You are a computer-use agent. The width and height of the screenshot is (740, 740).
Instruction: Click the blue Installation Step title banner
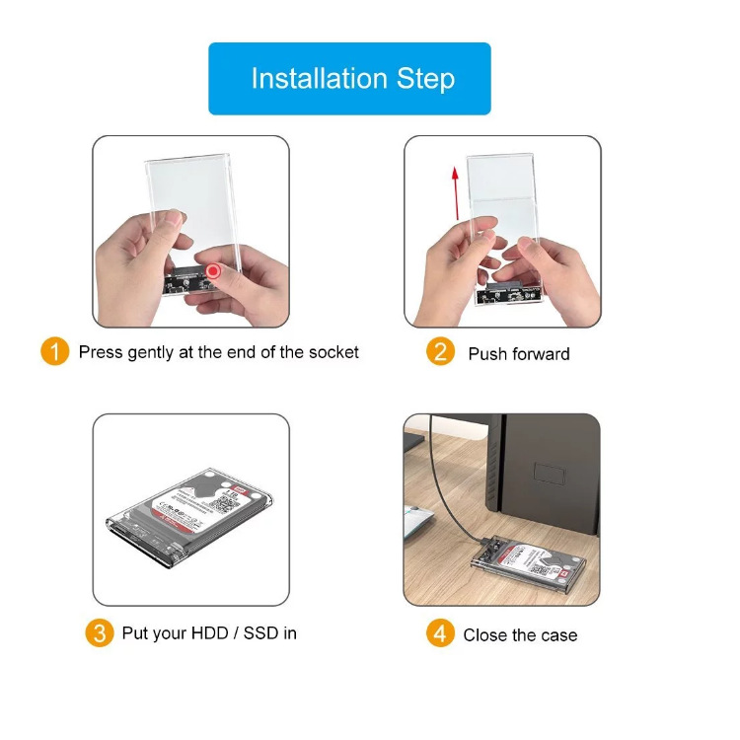[349, 79]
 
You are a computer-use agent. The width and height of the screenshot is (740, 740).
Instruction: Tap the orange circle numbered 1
[55, 351]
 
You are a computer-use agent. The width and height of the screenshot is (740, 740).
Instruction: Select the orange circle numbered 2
[440, 352]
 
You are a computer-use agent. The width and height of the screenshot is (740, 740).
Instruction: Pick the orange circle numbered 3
[99, 632]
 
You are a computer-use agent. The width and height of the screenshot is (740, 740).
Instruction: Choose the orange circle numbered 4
[440, 633]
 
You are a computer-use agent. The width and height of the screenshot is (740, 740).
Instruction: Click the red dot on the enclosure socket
[213, 271]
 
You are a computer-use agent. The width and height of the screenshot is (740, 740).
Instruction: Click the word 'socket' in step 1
[333, 352]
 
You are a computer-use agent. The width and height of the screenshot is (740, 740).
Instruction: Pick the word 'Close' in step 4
[485, 634]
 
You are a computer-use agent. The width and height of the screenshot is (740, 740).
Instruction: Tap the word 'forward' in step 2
[540, 353]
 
